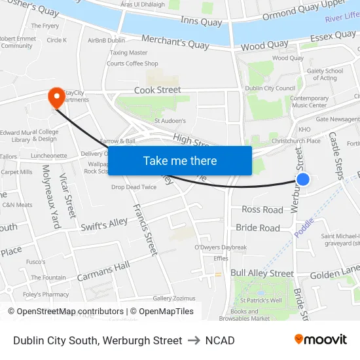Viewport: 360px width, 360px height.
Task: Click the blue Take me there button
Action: [x=180, y=160]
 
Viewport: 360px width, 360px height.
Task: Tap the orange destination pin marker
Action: [x=56, y=98]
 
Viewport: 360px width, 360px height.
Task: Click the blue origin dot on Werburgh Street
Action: [x=302, y=179]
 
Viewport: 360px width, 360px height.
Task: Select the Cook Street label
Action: [x=157, y=90]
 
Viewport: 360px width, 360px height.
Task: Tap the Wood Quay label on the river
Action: [x=264, y=45]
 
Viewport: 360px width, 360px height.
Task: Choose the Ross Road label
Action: [x=262, y=209]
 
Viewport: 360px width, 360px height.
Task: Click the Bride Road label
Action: [x=258, y=228]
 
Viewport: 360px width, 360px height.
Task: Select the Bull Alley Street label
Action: [x=262, y=273]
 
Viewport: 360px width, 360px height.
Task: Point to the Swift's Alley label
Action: [x=104, y=225]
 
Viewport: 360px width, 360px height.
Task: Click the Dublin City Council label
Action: [x=270, y=88]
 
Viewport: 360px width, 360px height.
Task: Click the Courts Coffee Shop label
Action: [x=132, y=63]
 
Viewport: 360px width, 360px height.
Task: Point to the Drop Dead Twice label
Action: [x=134, y=187]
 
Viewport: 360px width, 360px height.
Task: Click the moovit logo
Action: [x=320, y=340]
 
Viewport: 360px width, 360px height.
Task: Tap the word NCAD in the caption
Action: [x=220, y=340]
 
